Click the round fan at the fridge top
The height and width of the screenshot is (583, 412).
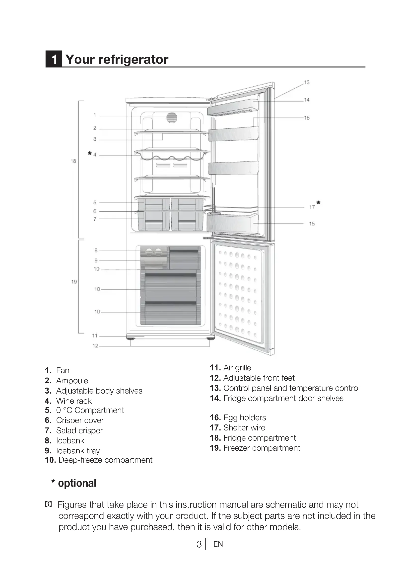[172, 118]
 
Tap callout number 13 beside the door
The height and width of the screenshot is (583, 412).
[307, 82]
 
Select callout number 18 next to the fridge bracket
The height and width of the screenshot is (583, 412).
[73, 161]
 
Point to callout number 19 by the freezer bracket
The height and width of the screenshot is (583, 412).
[74, 282]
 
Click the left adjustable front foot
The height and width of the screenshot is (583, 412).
[131, 338]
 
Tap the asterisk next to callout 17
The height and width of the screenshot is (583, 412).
[318, 203]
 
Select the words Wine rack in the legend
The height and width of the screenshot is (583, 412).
[74, 401]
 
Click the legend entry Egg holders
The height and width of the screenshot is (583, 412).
[245, 417]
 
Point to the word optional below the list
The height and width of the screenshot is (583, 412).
[77, 483]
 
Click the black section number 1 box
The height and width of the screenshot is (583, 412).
[54, 59]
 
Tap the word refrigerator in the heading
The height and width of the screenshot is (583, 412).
[133, 59]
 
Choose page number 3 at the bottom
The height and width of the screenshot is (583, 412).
[199, 544]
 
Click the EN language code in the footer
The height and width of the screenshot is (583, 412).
[218, 544]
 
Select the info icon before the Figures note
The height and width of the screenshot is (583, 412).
[48, 504]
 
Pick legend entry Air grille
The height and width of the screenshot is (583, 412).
[237, 368]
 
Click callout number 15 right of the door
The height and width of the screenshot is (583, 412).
[312, 224]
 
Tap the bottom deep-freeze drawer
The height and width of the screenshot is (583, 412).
[171, 312]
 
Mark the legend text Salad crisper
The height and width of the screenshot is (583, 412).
[79, 430]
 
